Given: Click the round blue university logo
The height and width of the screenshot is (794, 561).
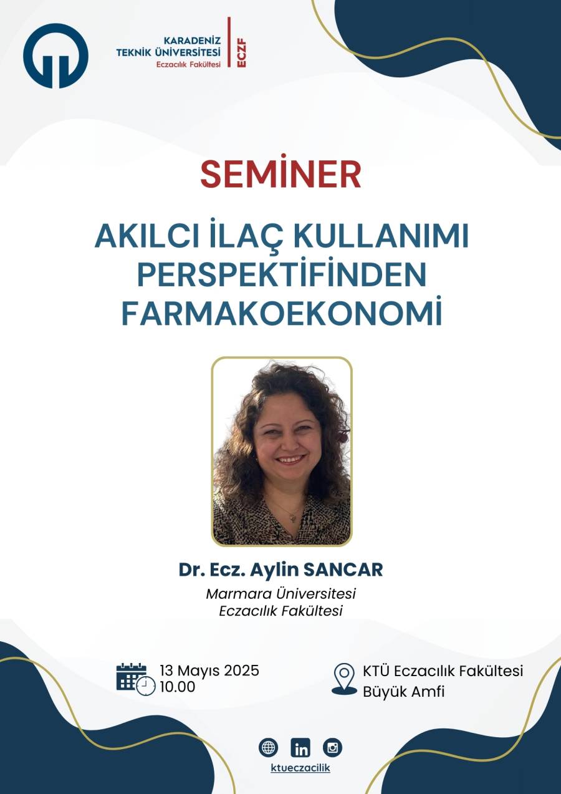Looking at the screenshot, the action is (x=55, y=56).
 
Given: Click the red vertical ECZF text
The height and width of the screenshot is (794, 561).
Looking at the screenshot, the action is (x=242, y=54).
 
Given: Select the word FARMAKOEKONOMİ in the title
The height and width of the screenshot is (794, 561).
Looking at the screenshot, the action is (x=282, y=314).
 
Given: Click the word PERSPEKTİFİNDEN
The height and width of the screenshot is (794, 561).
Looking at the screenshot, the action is (x=282, y=275).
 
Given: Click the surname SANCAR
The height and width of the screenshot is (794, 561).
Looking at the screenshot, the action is (x=343, y=570).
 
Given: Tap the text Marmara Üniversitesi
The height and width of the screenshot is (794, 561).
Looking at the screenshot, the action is (x=280, y=594).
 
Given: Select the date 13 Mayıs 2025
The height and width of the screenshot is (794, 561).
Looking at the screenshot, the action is (x=209, y=671).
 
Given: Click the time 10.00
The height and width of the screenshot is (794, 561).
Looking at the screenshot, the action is (x=178, y=687).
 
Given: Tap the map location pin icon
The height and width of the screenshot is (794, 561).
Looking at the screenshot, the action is (x=344, y=679).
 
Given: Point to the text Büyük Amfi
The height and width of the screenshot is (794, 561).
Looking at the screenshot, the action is (x=403, y=692).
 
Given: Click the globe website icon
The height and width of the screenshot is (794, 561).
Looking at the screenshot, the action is (x=268, y=748).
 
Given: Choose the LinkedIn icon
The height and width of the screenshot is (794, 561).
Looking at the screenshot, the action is (x=300, y=748).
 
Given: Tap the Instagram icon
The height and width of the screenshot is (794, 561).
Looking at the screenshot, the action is (x=333, y=748).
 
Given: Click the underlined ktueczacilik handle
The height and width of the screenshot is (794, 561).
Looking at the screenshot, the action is (x=300, y=768).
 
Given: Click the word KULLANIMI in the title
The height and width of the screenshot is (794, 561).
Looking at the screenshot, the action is (x=381, y=236).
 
